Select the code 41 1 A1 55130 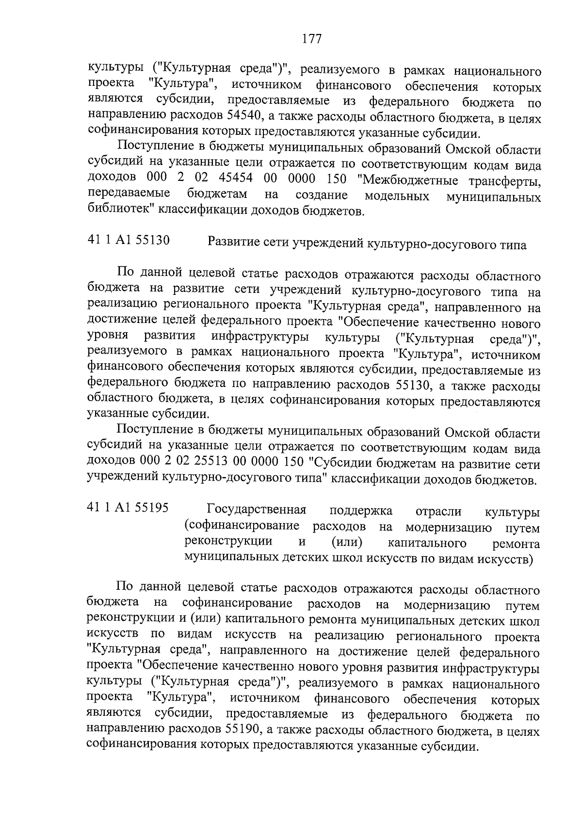[x=129, y=240]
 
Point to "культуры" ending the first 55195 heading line [x=512, y=512]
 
